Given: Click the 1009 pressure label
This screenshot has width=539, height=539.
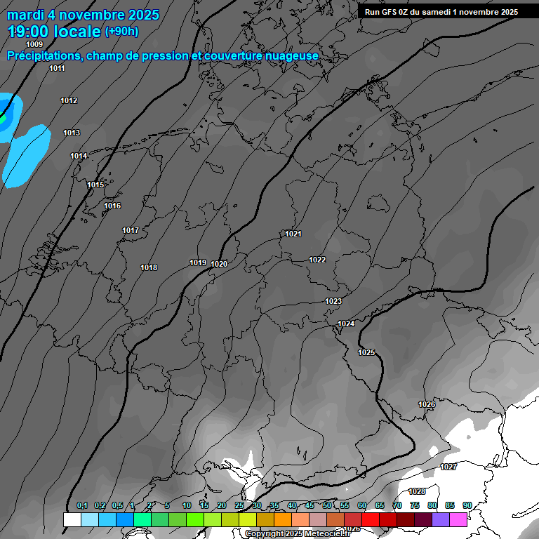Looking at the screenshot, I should [x=34, y=44].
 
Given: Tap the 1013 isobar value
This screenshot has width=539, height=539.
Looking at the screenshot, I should [x=72, y=133].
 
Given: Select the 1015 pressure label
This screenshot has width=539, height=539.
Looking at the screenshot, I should [x=95, y=185].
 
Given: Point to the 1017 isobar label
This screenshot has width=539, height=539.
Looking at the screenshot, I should [x=131, y=230].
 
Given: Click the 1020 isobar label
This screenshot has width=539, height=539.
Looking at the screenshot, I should [x=219, y=264].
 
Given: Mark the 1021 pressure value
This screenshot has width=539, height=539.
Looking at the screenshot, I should [x=293, y=234].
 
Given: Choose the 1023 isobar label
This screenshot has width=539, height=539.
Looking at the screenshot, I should [x=333, y=301].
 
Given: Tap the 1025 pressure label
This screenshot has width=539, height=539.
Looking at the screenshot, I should [x=366, y=352].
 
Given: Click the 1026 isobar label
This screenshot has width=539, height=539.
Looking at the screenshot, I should [x=427, y=404].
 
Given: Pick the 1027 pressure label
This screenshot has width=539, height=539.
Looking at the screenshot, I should [x=448, y=467].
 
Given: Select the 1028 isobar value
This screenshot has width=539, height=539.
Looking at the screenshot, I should [x=418, y=491].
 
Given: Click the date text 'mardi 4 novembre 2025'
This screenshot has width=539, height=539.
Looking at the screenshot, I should [x=83, y=15].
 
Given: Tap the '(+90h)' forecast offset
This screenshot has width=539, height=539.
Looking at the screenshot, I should [x=121, y=32].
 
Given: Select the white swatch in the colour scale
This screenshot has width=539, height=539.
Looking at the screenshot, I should [x=72, y=519].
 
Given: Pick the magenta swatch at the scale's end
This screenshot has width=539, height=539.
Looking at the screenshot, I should [x=458, y=519].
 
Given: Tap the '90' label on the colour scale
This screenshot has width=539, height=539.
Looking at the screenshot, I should [x=467, y=505].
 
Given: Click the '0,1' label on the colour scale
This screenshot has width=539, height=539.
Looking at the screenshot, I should [x=82, y=505].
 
